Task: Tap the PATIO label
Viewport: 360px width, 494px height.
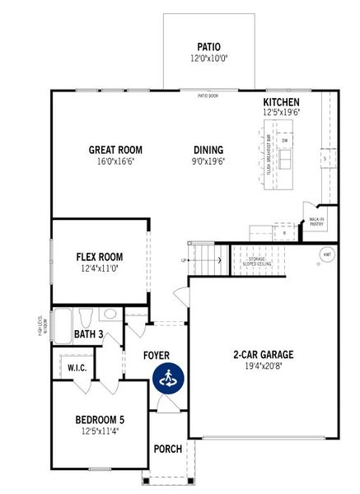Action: [x=208, y=47]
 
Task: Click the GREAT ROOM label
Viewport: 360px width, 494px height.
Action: [x=116, y=150]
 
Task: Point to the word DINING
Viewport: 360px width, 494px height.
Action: [x=208, y=150]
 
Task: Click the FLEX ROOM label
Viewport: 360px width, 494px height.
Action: [x=100, y=256]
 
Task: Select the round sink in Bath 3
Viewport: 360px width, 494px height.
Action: [x=110, y=314]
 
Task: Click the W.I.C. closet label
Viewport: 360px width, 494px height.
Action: [x=77, y=366]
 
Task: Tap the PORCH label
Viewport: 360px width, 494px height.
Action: [x=168, y=449]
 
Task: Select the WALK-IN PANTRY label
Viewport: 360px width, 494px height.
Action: [x=316, y=221]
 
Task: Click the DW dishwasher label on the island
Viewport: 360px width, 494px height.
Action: [x=284, y=141]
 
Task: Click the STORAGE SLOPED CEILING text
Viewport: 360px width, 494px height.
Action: [x=257, y=261]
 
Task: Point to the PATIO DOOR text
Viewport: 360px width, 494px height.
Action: [x=208, y=96]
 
